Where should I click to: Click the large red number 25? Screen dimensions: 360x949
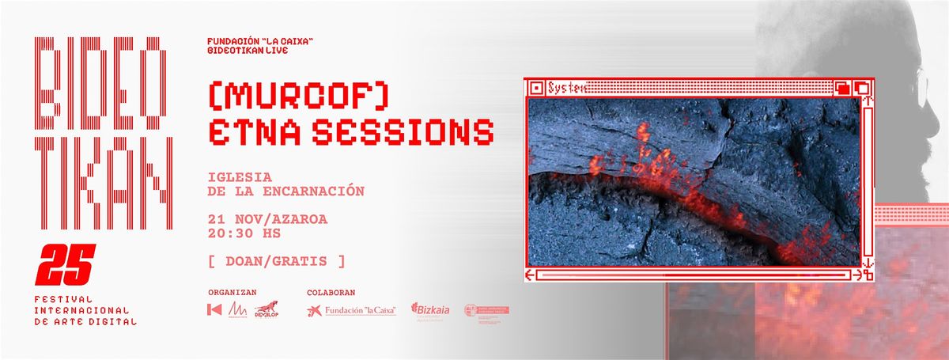(68, 264)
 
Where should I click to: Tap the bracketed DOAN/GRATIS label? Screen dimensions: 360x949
(276, 260)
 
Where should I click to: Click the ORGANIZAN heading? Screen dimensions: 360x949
(232, 292)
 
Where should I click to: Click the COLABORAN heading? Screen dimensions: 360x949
(331, 292)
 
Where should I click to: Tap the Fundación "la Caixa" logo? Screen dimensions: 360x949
(351, 310)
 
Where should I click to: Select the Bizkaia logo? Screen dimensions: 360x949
(430, 310)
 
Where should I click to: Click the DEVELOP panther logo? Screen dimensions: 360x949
(266, 309)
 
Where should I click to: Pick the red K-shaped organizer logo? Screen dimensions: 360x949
(214, 310)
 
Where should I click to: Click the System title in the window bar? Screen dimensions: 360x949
(566, 87)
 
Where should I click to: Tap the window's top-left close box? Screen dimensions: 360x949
(535, 87)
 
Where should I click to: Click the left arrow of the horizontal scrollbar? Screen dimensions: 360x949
(531, 275)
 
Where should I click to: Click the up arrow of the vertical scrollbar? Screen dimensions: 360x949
(868, 101)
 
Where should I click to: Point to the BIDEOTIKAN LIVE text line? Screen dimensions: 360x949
(245, 50)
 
